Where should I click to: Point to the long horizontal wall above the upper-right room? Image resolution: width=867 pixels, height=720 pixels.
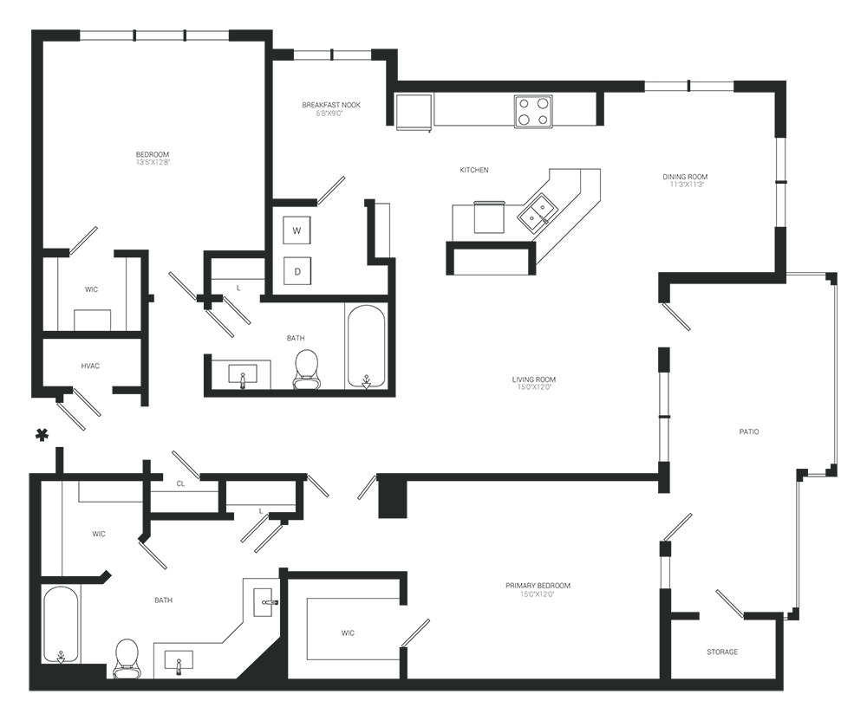point(520,85)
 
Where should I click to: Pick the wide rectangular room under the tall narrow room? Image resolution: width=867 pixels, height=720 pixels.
point(299,347)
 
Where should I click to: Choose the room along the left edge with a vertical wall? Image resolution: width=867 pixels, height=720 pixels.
point(87,321)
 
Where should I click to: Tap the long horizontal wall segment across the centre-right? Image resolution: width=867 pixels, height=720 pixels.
point(529,477)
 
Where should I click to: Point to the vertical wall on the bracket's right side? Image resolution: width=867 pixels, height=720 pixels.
point(786,182)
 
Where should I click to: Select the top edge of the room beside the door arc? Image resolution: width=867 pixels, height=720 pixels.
point(345,576)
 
